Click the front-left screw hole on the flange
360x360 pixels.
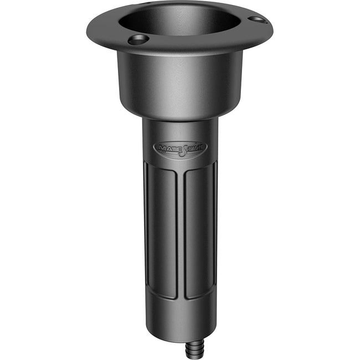coord(138,39)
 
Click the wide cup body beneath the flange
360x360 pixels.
coord(180,83)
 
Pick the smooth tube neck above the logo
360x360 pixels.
coord(180,130)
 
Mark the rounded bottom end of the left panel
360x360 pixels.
coord(162,296)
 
